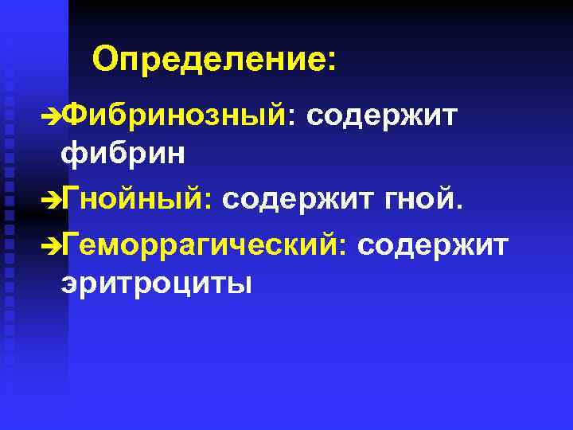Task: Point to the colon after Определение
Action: (x=331, y=63)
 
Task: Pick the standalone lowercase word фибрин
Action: (x=123, y=152)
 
